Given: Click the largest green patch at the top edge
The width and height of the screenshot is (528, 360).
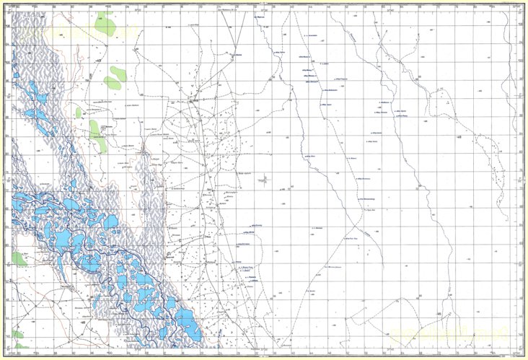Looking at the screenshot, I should click(x=105, y=25).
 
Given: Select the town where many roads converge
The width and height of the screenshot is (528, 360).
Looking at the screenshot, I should click(x=193, y=101).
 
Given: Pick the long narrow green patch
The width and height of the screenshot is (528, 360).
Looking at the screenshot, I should click(x=95, y=135).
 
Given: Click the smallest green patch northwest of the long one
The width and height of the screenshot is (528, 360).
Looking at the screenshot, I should click(x=78, y=112).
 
